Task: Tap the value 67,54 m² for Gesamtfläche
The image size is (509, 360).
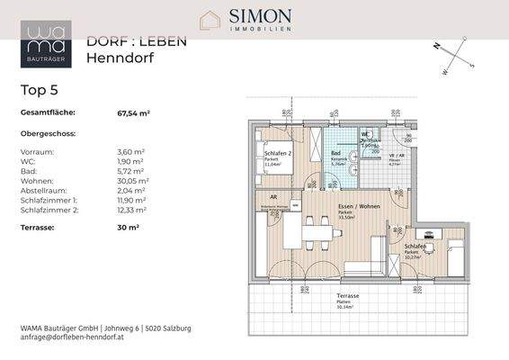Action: pyautogui.click(x=133, y=113)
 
